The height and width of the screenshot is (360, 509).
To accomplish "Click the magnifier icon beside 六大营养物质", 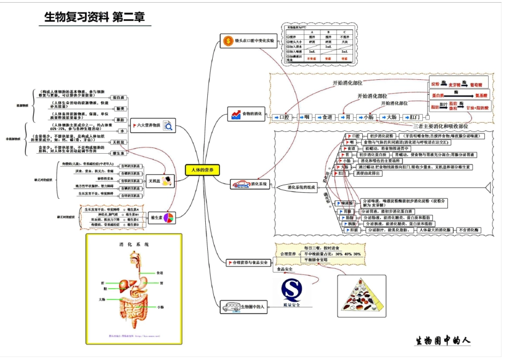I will [x=168, y=126].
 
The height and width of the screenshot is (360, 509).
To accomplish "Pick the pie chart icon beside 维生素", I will [x=169, y=217].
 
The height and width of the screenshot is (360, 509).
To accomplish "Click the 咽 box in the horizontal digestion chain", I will [x=306, y=117].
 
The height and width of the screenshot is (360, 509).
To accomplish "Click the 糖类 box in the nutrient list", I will [x=121, y=109].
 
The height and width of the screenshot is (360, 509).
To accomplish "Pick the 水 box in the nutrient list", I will [x=122, y=131].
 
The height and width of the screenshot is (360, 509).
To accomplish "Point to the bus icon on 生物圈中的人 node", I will [x=231, y=307].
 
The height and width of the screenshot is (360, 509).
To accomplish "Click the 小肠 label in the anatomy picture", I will [x=160, y=307].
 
